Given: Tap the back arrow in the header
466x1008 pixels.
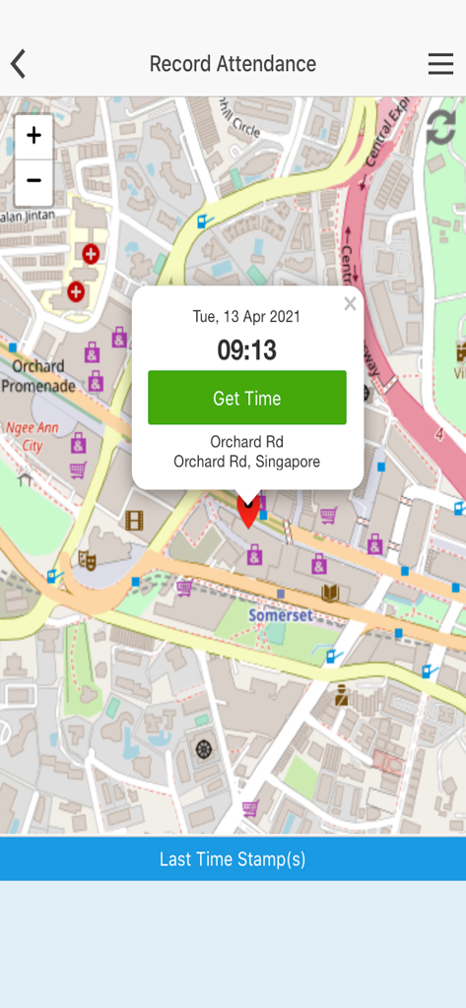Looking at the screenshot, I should [18, 64].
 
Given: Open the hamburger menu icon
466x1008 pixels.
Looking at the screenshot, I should [440, 64].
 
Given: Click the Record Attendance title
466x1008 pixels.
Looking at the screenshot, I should [233, 64].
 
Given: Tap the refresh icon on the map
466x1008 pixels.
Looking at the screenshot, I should [440, 128].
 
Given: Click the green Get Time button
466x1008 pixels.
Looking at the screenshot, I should [247, 398].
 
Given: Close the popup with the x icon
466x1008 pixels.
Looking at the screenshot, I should [350, 304].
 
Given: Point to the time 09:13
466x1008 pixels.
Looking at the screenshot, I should [246, 349].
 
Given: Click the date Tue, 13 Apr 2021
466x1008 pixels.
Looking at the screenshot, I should [246, 317].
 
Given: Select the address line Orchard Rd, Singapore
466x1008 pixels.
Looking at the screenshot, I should [246, 462].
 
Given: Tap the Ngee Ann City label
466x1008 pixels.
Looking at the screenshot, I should [25, 437].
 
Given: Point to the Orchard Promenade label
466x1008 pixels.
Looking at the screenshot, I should [37, 376].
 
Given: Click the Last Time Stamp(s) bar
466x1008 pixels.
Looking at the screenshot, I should [233, 859].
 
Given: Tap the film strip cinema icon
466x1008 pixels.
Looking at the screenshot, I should [134, 520].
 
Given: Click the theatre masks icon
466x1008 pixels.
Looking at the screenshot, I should [88, 560].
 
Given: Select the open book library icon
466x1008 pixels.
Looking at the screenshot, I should [330, 593].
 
